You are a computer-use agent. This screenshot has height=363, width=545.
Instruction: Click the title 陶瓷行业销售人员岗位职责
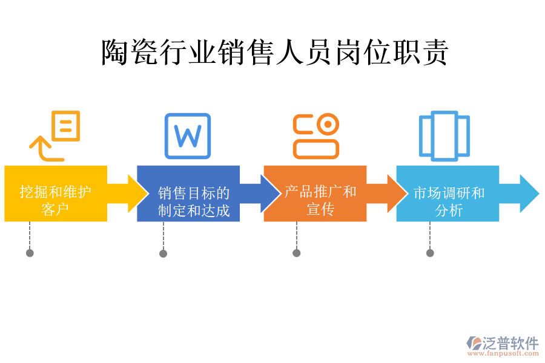pyautogui.click(x=274, y=53)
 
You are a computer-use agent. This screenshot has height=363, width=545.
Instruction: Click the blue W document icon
pyautogui.click(x=188, y=136)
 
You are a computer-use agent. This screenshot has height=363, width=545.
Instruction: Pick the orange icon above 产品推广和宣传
pyautogui.click(x=315, y=136)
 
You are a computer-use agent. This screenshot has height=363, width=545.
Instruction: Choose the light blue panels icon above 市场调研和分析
pyautogui.click(x=444, y=136)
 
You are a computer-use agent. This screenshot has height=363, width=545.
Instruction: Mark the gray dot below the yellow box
pyautogui.click(x=30, y=253)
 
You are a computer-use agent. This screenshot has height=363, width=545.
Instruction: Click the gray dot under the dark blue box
pyautogui.click(x=163, y=253)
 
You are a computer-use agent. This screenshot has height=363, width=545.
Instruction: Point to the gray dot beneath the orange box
pyautogui.click(x=296, y=253)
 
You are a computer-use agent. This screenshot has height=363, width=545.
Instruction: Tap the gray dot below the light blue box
pyautogui.click(x=430, y=253)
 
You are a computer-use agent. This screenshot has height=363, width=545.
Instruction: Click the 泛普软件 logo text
pyautogui.click(x=510, y=343)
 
